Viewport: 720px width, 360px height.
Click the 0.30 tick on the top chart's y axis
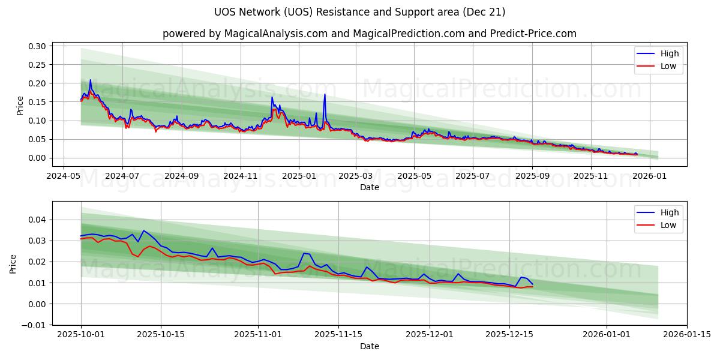[x=37, y=46]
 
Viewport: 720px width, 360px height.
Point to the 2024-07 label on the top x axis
[x=122, y=176]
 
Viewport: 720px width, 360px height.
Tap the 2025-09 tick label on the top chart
[x=532, y=176]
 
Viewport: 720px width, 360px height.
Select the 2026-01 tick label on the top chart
[x=650, y=176]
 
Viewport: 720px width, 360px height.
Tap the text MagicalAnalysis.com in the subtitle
[x=271, y=34]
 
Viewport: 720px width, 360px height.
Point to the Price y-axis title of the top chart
[x=20, y=106]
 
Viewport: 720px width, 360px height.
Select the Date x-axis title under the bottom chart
[x=370, y=346]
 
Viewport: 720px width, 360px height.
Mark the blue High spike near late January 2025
[x=325, y=94]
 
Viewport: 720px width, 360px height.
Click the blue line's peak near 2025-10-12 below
[x=143, y=230]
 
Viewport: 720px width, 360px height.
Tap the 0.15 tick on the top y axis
[x=37, y=102]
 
